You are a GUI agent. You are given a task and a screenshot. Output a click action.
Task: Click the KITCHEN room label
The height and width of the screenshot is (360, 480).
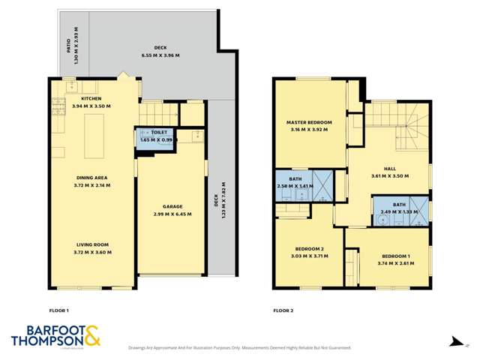point(91,98)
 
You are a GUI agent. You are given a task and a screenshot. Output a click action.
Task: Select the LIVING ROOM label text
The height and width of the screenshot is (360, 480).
point(93,245)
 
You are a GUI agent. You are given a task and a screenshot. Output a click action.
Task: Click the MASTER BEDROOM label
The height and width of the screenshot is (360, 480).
point(309,121)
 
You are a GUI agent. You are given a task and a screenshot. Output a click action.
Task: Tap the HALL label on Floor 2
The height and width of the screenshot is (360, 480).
point(388,168)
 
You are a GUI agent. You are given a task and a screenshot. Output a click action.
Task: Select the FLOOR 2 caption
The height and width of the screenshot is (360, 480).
point(283,310)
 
